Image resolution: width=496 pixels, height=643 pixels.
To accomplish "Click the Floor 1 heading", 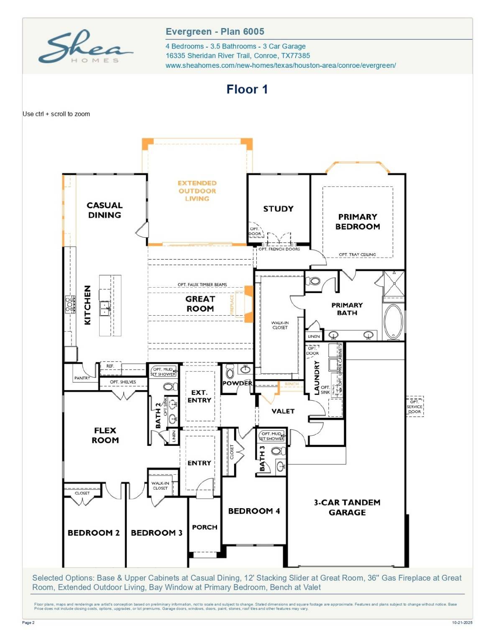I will [x=247, y=89].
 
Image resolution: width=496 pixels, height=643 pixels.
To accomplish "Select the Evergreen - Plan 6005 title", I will [x=215, y=32].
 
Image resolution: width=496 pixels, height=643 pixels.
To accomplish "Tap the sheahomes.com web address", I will [x=280, y=65].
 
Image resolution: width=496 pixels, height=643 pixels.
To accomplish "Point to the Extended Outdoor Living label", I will [x=197, y=191].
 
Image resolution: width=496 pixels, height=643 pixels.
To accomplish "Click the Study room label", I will [x=278, y=208].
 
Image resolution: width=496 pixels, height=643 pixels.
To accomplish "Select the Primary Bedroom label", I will [x=358, y=221].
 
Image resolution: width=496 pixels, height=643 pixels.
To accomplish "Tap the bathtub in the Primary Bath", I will [x=393, y=321].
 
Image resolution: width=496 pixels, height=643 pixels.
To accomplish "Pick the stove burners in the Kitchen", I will [x=70, y=304].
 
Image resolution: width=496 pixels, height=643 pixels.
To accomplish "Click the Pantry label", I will [x=82, y=378].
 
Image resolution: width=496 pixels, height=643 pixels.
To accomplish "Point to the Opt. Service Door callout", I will [x=414, y=406].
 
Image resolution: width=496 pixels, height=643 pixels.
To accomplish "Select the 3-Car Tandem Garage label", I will [x=347, y=507].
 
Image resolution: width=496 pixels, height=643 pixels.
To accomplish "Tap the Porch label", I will [x=205, y=527].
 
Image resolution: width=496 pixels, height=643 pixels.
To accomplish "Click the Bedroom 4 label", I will [x=254, y=511].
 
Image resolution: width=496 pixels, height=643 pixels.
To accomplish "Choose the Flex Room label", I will [x=105, y=435].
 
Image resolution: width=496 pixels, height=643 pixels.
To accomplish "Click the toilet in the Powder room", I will [x=230, y=371].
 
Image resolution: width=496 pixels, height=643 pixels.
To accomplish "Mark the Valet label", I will [x=283, y=411].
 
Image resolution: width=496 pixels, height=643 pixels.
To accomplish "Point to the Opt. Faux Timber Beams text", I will [x=202, y=285].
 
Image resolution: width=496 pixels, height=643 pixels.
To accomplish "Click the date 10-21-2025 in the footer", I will [x=462, y=622].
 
